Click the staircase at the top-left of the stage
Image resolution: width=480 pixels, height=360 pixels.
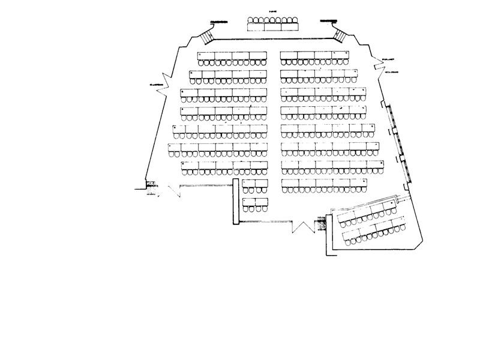coord(207,35)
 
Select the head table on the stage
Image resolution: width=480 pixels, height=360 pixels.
coord(273,27)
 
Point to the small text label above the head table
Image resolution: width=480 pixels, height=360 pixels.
coord(273,12)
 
